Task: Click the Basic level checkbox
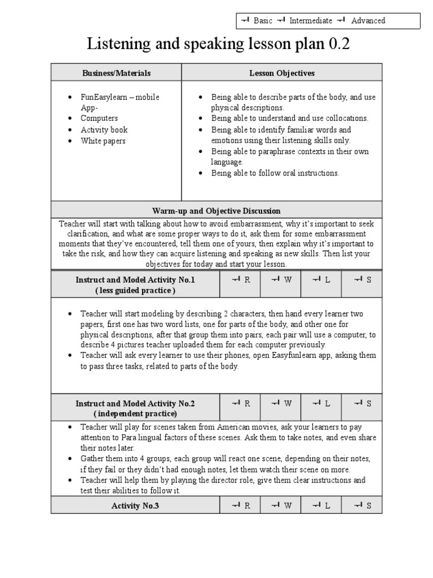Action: pos(245,21)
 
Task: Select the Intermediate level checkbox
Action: pos(281,21)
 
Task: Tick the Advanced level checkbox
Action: pos(341,21)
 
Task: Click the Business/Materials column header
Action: pos(117,73)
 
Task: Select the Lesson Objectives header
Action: pos(282,73)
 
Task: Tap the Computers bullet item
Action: pos(99,119)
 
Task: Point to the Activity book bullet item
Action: pos(104,130)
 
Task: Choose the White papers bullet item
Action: pos(103,141)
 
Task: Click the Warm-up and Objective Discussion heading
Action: pos(216,211)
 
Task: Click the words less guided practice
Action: pos(135,291)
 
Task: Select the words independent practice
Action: pos(135,414)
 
